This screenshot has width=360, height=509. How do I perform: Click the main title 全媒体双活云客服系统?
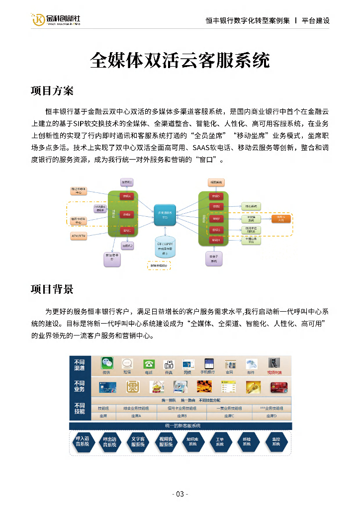click(180, 60)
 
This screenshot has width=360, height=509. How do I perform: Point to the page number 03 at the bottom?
click(180, 494)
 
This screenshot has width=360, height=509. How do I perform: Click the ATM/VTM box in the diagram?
click(79, 236)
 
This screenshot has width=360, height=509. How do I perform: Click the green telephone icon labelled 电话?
click(149, 364)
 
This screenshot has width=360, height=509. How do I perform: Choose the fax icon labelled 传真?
click(168, 364)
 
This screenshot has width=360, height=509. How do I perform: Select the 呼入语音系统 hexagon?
click(83, 442)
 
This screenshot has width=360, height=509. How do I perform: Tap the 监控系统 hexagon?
click(276, 442)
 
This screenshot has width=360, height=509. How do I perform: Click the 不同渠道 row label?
click(80, 365)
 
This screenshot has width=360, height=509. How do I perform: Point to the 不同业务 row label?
click(80, 386)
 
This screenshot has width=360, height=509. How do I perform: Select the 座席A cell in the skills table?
click(136, 416)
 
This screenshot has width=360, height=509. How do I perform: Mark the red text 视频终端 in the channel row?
click(274, 372)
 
